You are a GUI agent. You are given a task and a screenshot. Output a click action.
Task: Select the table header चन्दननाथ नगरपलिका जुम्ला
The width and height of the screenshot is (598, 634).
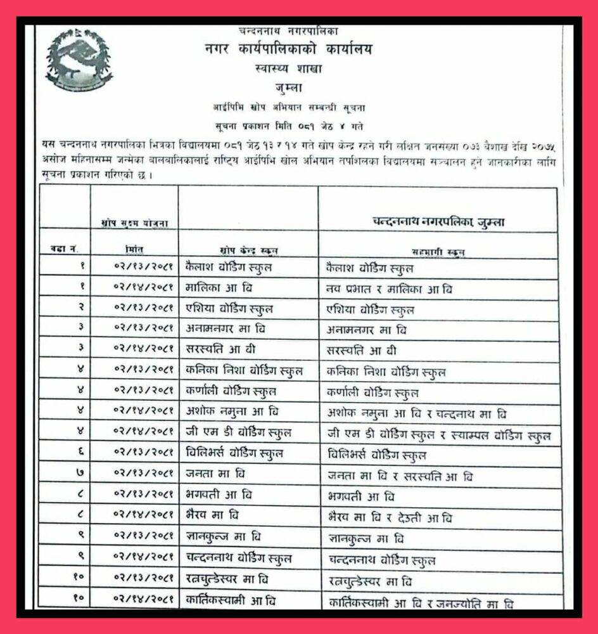tap(438, 221)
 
